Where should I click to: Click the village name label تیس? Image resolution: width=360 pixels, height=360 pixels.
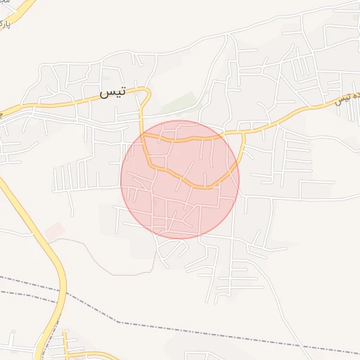[x=112, y=92]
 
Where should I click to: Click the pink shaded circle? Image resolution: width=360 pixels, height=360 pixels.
[x=180, y=204]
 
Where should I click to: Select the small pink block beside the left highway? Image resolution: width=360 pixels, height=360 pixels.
[x=54, y=231]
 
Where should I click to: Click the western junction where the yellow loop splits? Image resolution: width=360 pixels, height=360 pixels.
[x=143, y=133]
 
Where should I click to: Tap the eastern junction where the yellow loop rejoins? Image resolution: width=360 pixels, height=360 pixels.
[x=243, y=132]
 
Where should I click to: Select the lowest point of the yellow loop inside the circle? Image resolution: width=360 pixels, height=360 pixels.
[x=204, y=187]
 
